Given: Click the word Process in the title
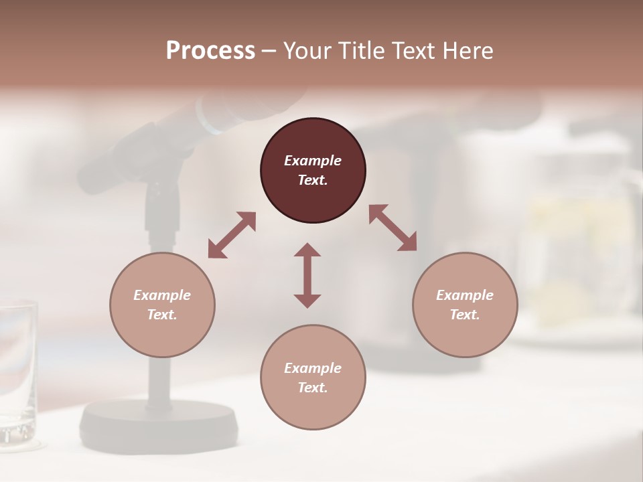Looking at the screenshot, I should click(210, 51).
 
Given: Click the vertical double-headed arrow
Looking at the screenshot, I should click(307, 275).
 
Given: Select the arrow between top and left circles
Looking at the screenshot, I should click(232, 235).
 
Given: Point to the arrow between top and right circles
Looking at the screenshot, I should click(392, 228).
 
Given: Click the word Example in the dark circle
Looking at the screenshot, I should click(313, 161).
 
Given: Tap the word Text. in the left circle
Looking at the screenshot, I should click(162, 315).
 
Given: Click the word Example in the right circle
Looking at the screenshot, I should click(465, 295).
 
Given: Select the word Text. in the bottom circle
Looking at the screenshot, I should click(313, 388).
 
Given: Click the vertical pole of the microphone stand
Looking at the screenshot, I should click(159, 375).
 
